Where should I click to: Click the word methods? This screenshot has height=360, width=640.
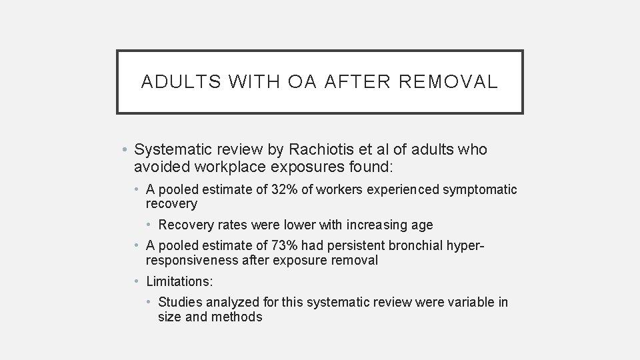point(237,317)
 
